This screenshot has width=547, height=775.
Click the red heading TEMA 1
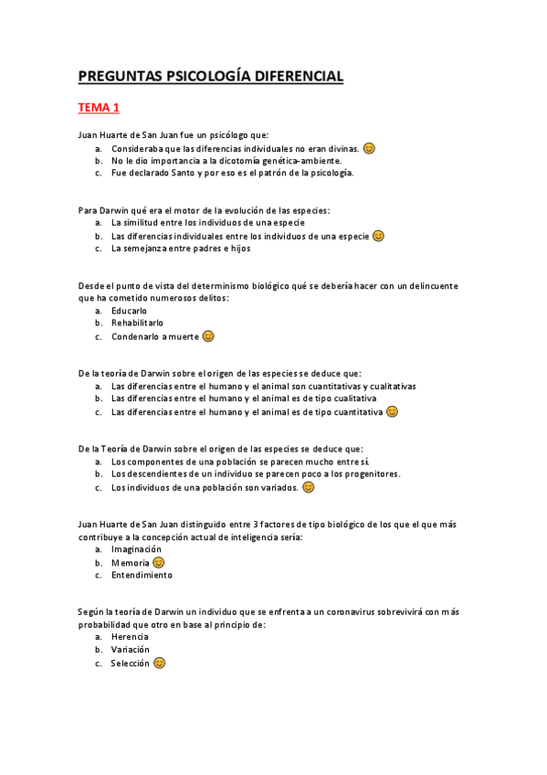point(99,108)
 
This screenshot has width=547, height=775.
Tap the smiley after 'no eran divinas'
point(369,148)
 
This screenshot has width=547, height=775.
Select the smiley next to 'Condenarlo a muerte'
point(208,336)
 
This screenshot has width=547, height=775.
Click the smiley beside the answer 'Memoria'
point(158,562)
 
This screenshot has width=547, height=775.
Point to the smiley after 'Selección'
point(160,663)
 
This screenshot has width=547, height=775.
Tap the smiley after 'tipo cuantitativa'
point(392,411)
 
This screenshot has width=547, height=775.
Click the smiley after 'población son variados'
point(309,487)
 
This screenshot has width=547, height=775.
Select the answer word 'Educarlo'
point(129,311)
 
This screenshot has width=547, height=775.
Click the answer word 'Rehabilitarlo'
point(137,324)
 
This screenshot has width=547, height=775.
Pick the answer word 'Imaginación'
point(136,549)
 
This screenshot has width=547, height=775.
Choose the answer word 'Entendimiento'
point(142,576)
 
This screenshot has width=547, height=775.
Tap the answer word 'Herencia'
point(130,637)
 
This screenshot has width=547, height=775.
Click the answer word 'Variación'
point(131,650)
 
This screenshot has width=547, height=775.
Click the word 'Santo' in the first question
point(181,173)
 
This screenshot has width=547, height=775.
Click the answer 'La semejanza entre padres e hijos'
point(180,249)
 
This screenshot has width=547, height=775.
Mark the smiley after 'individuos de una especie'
point(378,236)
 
